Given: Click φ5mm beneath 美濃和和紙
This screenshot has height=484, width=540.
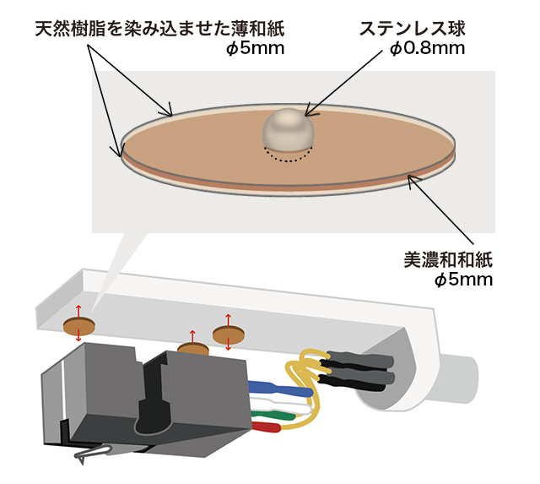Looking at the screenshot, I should pyautogui.click(x=463, y=279).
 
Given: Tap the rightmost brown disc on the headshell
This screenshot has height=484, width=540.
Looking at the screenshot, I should pyautogui.click(x=227, y=336).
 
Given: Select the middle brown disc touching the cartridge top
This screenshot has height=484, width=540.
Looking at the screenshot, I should pyautogui.click(x=192, y=348).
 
